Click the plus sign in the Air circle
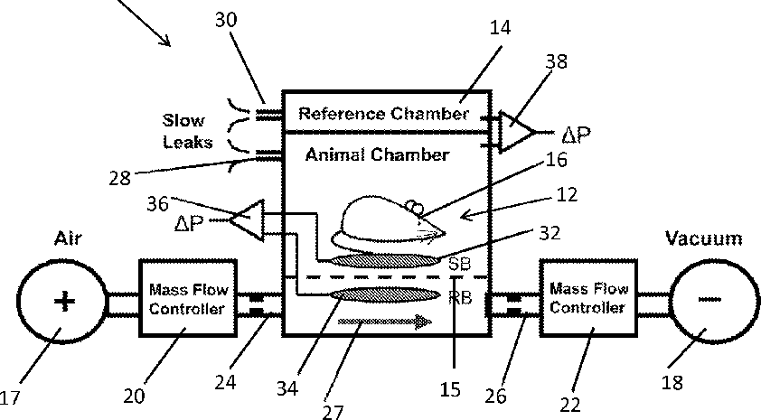[x=64, y=301]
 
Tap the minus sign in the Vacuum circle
[x=709, y=299]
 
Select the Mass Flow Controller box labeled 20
[x=188, y=298]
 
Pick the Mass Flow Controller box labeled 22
[x=588, y=297]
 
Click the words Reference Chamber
[x=384, y=114]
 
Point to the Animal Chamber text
[x=377, y=154]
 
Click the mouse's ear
[x=414, y=207]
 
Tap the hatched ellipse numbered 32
[x=384, y=261]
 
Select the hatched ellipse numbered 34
[x=385, y=294]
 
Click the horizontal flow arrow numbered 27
[x=384, y=321]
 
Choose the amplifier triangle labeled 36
[x=248, y=220]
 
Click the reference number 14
[x=500, y=28]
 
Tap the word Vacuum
[x=703, y=238]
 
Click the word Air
[x=68, y=238]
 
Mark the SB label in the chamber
[x=460, y=264]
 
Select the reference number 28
[x=119, y=178]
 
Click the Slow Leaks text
[x=187, y=131]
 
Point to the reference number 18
[x=672, y=382]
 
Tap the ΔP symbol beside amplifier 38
[x=576, y=135]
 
